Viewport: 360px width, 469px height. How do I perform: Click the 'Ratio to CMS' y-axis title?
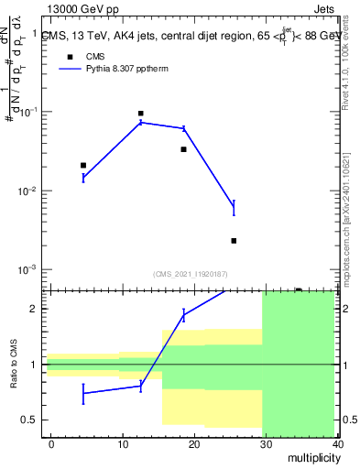pyautogui.click(x=13, y=365)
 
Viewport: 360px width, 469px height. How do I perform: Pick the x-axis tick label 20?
pyautogui.click(x=194, y=444)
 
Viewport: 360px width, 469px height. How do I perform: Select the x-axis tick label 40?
pyautogui.click(x=337, y=444)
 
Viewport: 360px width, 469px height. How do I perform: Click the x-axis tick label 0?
pyautogui.click(x=51, y=444)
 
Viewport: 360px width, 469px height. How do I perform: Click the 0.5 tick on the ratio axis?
pyautogui.click(x=32, y=420)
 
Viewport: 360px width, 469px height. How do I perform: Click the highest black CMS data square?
pyautogui.click(x=140, y=114)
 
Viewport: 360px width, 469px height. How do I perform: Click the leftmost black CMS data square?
pyautogui.click(x=83, y=165)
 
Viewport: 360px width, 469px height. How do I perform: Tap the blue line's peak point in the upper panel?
pyautogui.click(x=140, y=122)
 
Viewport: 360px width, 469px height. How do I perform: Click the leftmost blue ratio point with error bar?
pyautogui.click(x=83, y=393)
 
